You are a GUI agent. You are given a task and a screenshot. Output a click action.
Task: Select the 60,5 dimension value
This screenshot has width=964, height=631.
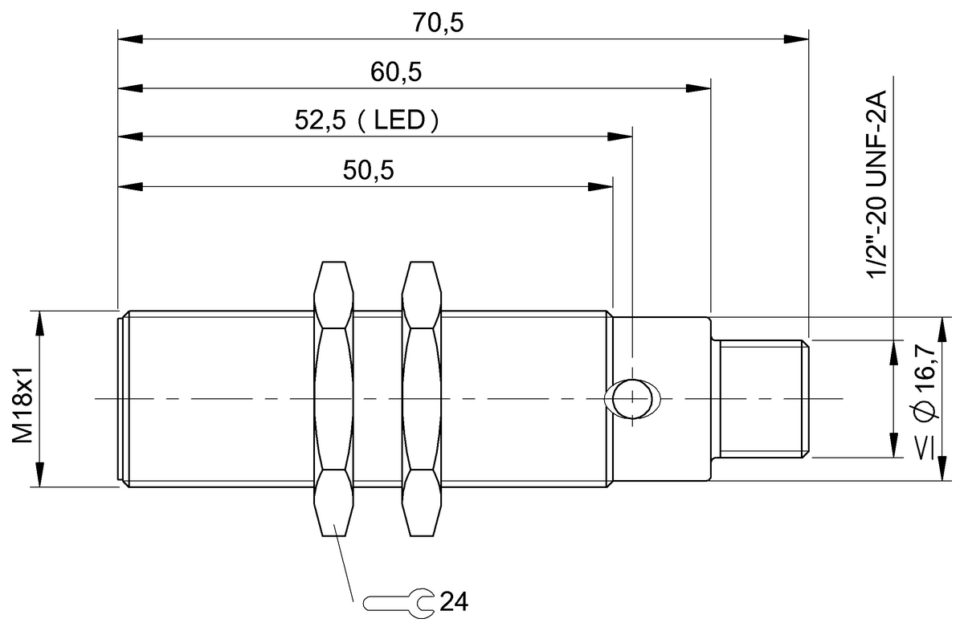click(x=396, y=73)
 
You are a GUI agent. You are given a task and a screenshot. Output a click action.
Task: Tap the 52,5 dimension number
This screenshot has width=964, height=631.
click(x=321, y=121)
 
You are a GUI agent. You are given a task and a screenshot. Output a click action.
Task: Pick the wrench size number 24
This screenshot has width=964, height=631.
click(x=453, y=601)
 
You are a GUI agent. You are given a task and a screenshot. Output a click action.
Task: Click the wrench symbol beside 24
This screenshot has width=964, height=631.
click(x=398, y=601)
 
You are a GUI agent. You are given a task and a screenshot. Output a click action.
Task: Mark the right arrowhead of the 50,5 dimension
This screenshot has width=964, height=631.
click(x=601, y=186)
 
